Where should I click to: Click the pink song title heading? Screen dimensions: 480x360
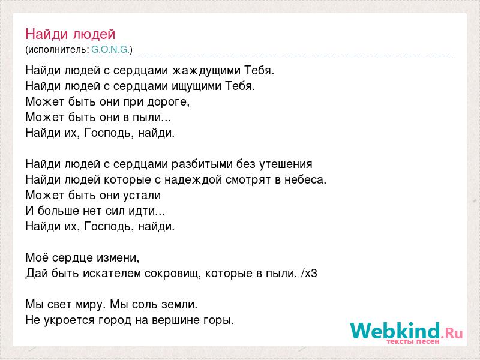click(x=70, y=34)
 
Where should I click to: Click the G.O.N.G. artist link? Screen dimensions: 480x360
click(x=110, y=50)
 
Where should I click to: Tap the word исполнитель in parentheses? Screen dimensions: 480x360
click(x=57, y=50)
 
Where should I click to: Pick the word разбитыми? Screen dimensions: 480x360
click(x=202, y=164)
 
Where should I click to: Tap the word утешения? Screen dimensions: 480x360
click(x=286, y=164)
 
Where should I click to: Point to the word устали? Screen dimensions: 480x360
click(x=142, y=196)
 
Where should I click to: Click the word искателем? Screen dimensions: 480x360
click(x=112, y=274)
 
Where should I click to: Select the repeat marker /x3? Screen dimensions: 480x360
click(x=309, y=274)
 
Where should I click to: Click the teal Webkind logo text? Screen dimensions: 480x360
click(x=395, y=331)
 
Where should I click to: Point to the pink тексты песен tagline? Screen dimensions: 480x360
click(x=413, y=341)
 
